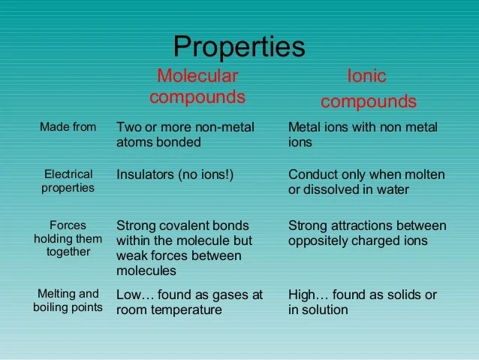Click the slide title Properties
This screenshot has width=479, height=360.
[x=239, y=47]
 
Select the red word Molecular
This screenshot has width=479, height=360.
[x=197, y=76]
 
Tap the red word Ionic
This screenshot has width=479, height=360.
[x=367, y=76]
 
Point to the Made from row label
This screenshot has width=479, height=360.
[x=68, y=126]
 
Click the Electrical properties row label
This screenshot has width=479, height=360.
[x=68, y=181]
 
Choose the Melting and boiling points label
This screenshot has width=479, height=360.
[x=68, y=301]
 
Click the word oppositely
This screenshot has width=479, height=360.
[x=318, y=241]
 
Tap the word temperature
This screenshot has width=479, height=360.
[x=186, y=310]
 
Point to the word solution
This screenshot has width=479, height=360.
[x=325, y=310]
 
